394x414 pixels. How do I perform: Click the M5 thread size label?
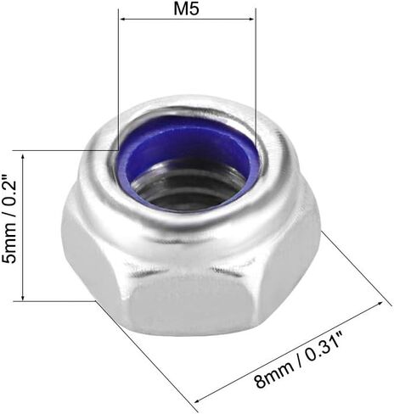pos(187,8)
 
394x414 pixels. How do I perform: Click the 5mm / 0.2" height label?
pos(10,219)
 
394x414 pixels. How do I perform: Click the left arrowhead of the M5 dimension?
pos(123,20)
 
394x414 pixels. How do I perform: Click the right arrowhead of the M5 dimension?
pos(251,20)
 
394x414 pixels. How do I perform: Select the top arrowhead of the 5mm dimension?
pos(23,155)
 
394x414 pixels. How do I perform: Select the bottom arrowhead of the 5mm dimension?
pos(23,297)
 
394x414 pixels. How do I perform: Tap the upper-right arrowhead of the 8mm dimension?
pos(380,304)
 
